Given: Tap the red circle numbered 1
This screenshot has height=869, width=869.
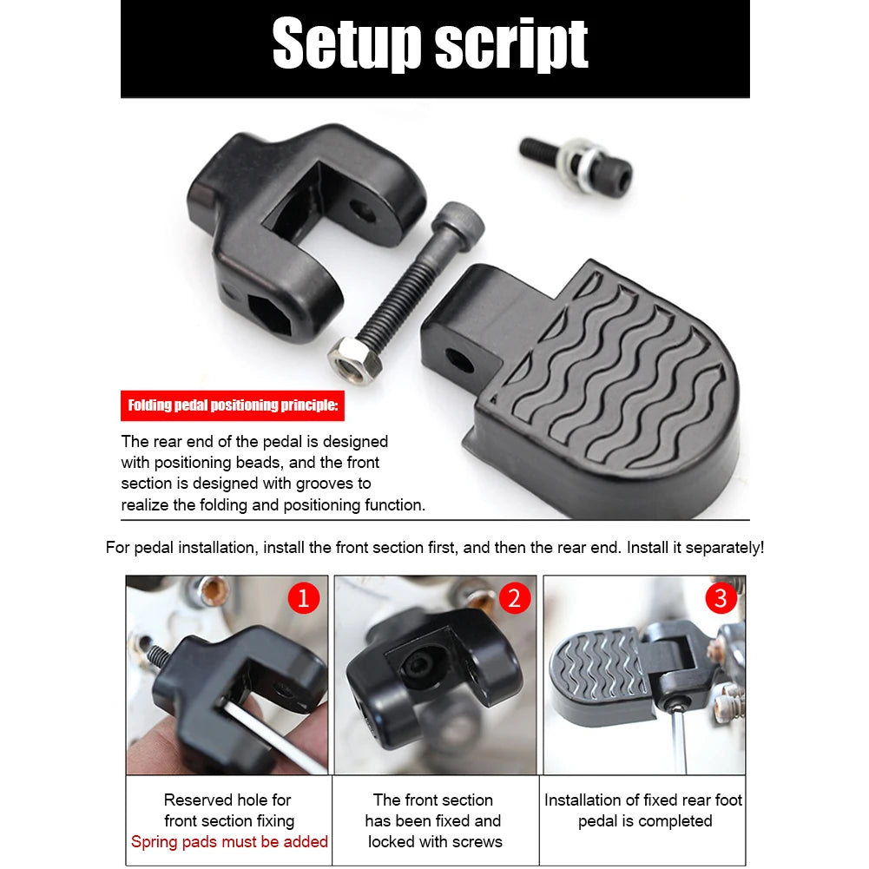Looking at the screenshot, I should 303,598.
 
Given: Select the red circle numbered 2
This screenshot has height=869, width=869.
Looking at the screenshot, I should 514,598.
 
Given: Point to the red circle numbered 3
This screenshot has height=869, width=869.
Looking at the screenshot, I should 721,598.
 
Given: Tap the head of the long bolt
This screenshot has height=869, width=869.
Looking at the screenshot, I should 454,217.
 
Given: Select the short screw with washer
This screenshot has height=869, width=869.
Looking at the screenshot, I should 577,165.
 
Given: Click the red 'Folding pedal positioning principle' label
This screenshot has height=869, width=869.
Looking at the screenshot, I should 234,405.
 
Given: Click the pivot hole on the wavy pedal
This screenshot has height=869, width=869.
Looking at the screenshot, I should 460,359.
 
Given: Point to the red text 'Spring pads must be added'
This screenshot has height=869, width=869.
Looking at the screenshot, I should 229,841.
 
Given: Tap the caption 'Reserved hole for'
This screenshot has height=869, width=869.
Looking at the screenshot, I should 227,800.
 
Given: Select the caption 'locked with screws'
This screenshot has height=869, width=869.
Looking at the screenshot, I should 435,841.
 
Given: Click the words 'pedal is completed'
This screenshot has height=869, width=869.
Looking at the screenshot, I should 645,820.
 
